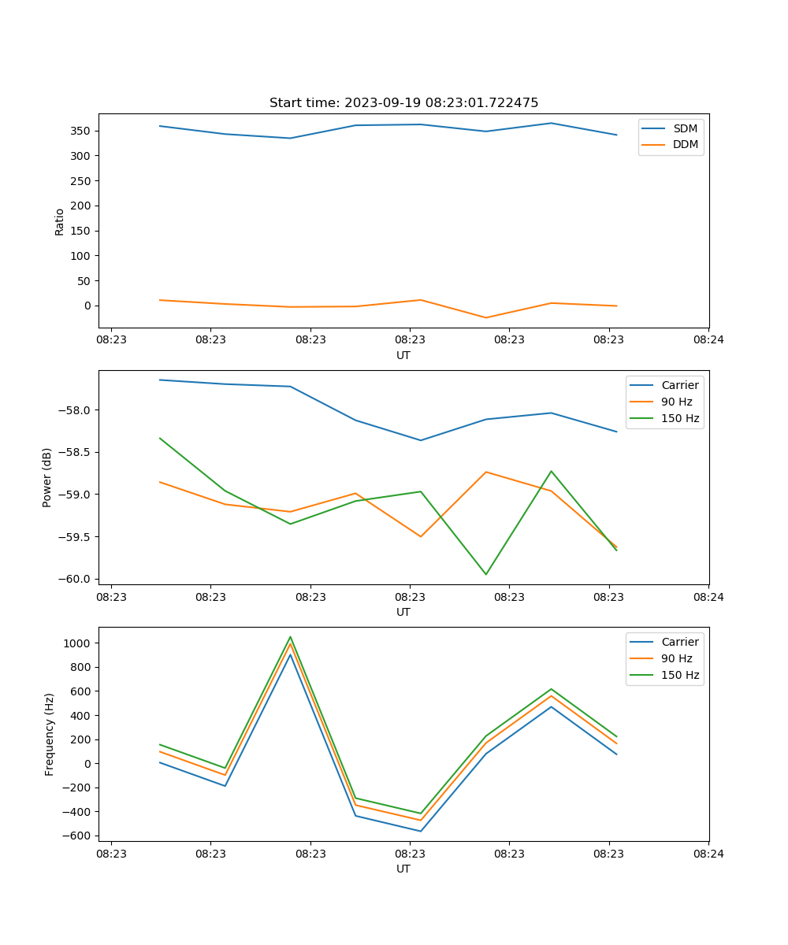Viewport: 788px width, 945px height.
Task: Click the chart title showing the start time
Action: click(403, 103)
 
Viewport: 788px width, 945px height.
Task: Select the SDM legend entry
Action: click(685, 128)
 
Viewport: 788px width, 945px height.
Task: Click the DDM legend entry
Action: click(685, 145)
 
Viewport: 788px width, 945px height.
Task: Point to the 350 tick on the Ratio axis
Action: click(81, 131)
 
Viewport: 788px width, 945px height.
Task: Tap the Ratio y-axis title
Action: click(60, 221)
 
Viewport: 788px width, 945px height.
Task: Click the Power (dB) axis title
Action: click(47, 477)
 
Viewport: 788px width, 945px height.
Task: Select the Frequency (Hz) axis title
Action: click(50, 734)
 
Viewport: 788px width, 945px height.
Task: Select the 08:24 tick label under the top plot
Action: click(708, 340)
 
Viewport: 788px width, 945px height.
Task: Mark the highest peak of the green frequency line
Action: click(290, 637)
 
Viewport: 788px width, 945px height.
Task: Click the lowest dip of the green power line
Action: click(485, 574)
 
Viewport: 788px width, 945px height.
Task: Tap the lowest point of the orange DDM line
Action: click(485, 317)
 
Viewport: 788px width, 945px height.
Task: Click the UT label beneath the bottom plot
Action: click(403, 869)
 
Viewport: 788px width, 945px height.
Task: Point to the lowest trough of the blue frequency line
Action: click(421, 831)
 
